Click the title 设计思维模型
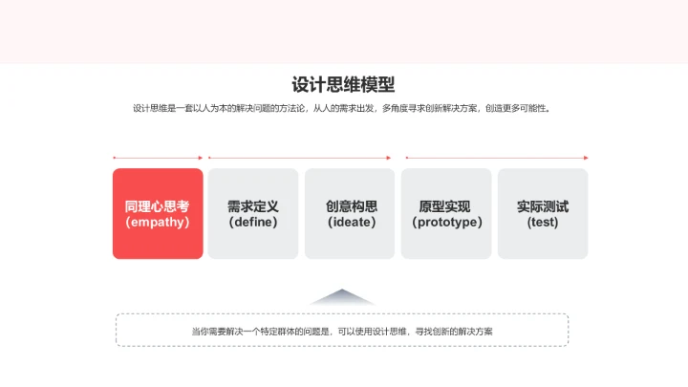pyautogui.click(x=343, y=85)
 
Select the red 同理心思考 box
pyautogui.click(x=158, y=214)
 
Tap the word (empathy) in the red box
pyautogui.click(x=158, y=222)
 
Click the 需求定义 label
pyautogui.click(x=253, y=206)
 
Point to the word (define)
pyautogui.click(x=253, y=222)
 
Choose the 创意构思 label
pyautogui.click(x=352, y=206)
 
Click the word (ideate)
pyautogui.click(x=352, y=222)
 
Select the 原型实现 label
pyautogui.click(x=445, y=206)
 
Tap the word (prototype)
pyautogui.click(x=447, y=222)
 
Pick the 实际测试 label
pyautogui.click(x=543, y=206)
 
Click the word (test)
pyautogui.click(x=543, y=222)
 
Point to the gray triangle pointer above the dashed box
pyautogui.click(x=342, y=296)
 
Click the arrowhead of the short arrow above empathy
pyautogui.click(x=201, y=158)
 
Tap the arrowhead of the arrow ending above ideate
pyautogui.click(x=389, y=158)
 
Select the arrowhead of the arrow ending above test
pyautogui.click(x=586, y=158)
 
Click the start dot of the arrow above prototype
pyautogui.click(x=407, y=158)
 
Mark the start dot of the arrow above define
pyautogui.click(x=209, y=158)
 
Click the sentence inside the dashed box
pyautogui.click(x=342, y=332)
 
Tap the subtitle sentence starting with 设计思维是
pyautogui.click(x=342, y=108)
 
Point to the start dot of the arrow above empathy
pyautogui.click(x=114, y=158)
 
